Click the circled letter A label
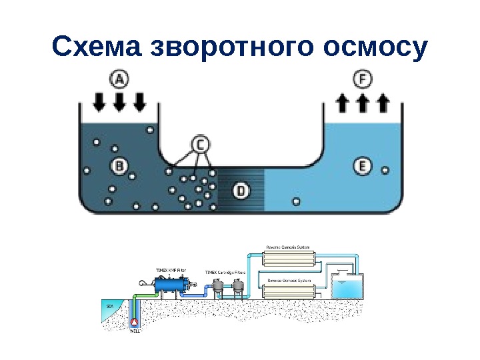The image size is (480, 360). pyautogui.click(x=119, y=80)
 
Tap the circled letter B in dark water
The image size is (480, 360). pyautogui.click(x=119, y=165)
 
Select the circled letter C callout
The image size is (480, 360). pyautogui.click(x=201, y=144)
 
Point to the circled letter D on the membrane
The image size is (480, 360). pyautogui.click(x=241, y=191)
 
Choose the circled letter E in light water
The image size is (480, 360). pyautogui.click(x=362, y=165)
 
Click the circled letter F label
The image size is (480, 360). pyautogui.click(x=362, y=80)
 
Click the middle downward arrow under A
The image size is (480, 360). pyautogui.click(x=119, y=101)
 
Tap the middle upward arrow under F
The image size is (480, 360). pyautogui.click(x=362, y=101)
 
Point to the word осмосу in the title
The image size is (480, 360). pyautogui.click(x=375, y=47)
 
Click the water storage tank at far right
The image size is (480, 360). pyautogui.click(x=347, y=287)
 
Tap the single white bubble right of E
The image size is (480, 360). pyautogui.click(x=385, y=169)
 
